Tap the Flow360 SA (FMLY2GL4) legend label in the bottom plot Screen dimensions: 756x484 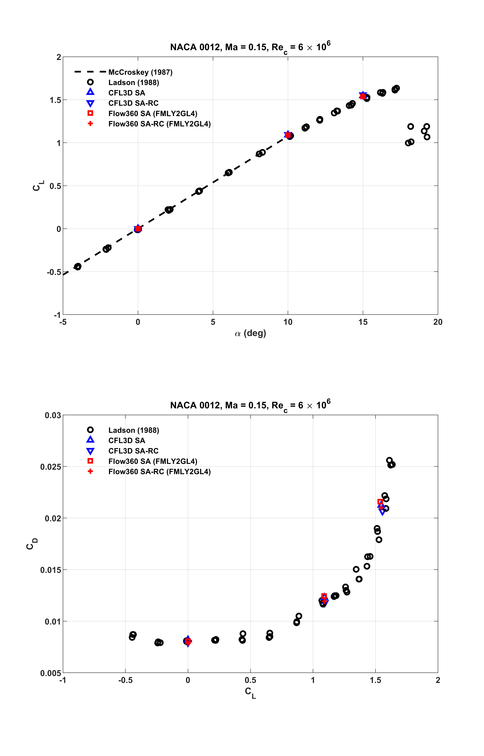(x=153, y=461)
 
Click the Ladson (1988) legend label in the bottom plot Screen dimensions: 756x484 (x=134, y=430)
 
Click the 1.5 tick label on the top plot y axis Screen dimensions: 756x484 (x=55, y=100)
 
